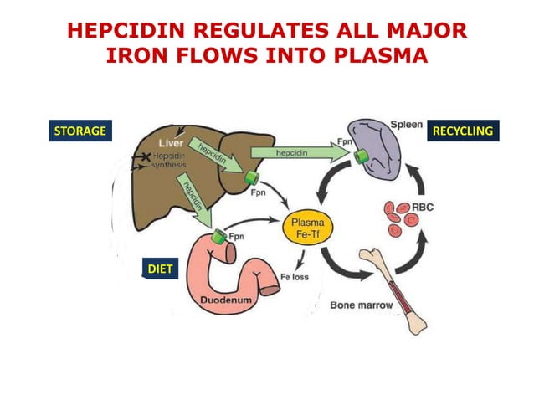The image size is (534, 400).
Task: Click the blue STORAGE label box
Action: click(x=80, y=131)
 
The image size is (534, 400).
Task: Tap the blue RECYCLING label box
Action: click(x=462, y=131)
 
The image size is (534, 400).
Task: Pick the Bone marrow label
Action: click(x=361, y=305)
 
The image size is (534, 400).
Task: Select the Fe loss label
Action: click(x=295, y=277)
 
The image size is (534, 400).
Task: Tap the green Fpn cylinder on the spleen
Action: click(x=362, y=156)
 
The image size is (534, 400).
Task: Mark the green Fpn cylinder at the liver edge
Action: click(x=249, y=177)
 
